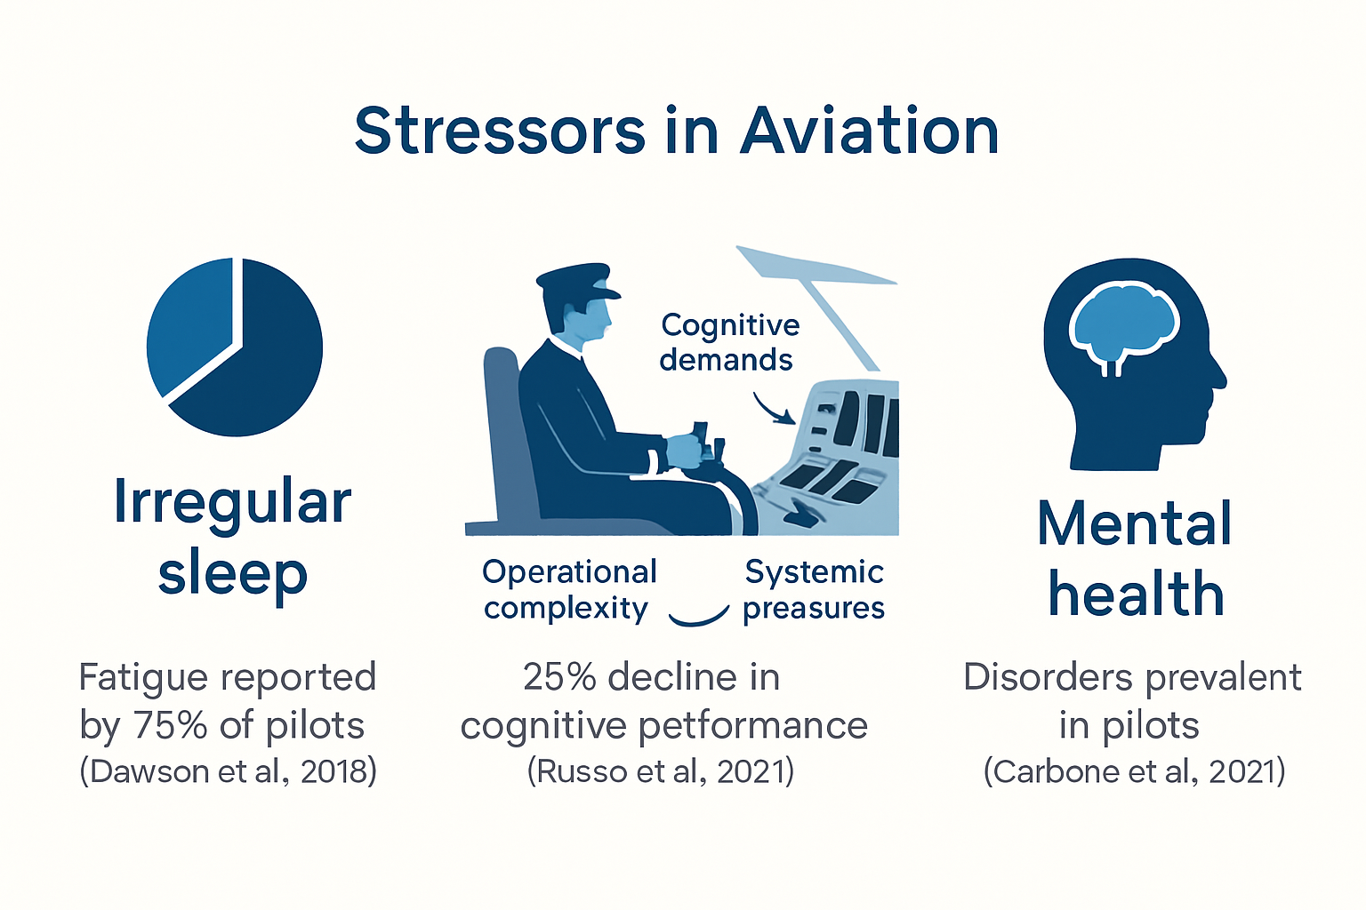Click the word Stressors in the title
[x=500, y=132]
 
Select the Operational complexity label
[x=568, y=589]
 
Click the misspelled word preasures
[x=814, y=608]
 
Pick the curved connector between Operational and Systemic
[x=698, y=617]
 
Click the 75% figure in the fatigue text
[x=170, y=725]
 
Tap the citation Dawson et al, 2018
[x=229, y=771]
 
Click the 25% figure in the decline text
[x=559, y=677]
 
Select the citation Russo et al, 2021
[x=661, y=771]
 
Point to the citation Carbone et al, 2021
[x=1134, y=771]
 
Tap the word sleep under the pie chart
[x=233, y=574]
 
